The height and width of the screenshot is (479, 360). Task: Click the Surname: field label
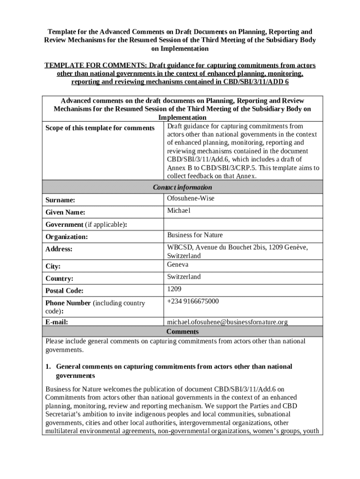pyautogui.click(x=60, y=200)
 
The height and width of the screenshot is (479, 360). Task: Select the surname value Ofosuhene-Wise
pyautogui.click(x=191, y=198)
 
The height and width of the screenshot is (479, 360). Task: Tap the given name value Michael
pyautogui.click(x=179, y=210)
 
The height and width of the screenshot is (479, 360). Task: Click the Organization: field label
pyautogui.click(x=66, y=237)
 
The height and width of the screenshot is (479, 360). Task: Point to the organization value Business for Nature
pyautogui.click(x=195, y=235)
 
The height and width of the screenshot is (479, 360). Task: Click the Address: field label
pyautogui.click(x=59, y=249)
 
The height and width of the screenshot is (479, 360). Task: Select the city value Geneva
pyautogui.click(x=178, y=264)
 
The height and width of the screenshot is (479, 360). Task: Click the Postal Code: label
pyautogui.click(x=64, y=290)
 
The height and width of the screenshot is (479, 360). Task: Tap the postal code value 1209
pyautogui.click(x=174, y=289)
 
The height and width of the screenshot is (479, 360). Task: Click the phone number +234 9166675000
pyautogui.click(x=193, y=301)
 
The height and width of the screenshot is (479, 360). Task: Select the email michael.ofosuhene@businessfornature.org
pyautogui.click(x=228, y=322)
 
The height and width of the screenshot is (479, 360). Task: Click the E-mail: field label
pyautogui.click(x=57, y=322)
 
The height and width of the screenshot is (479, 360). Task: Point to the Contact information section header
pyautogui.click(x=182, y=187)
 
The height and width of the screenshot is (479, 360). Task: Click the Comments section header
pyautogui.click(x=182, y=331)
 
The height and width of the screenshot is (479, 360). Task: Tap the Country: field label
pyautogui.click(x=59, y=278)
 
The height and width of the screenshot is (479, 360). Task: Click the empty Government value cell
pyautogui.click(x=243, y=225)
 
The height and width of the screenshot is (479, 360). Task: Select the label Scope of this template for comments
pyautogui.click(x=100, y=128)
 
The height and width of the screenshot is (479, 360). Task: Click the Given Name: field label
pyautogui.click(x=65, y=212)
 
